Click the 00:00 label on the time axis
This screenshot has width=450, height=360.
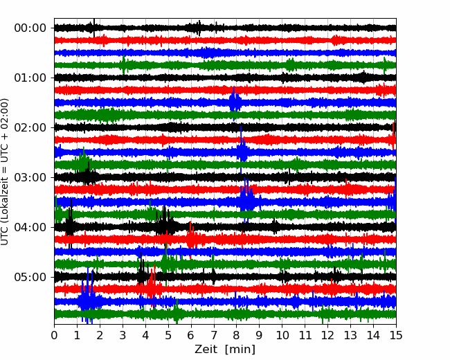30,28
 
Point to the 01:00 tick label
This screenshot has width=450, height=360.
30,78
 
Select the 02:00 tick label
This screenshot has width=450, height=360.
30,127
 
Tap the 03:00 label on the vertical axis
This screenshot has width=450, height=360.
30,177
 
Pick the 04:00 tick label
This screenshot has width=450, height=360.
30,227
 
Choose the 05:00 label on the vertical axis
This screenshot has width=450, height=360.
30,277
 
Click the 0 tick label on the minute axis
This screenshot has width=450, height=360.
54,335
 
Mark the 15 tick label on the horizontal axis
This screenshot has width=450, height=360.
396,335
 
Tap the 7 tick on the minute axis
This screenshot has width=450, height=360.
214,335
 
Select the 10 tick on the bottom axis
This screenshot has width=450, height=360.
282,335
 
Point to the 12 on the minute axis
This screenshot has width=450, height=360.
327,335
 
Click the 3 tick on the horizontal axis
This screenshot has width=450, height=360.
123,335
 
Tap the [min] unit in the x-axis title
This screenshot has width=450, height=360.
240,350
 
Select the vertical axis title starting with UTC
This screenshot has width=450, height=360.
5,172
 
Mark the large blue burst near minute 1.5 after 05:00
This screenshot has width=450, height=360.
88,298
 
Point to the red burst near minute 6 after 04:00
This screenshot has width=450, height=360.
191,238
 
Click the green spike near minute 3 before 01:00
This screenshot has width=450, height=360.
124,65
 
